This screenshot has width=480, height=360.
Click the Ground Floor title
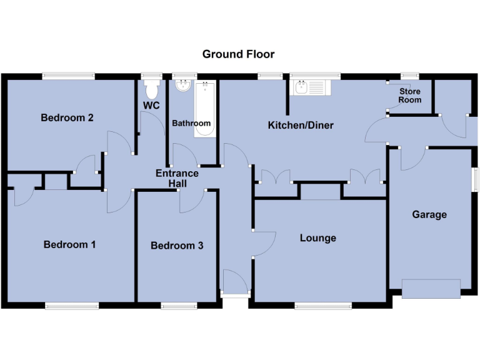coord(238,54)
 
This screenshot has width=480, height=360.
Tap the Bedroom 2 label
coord(67,117)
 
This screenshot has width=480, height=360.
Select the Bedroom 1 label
coord(69,244)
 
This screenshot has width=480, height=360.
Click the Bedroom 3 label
coord(177,246)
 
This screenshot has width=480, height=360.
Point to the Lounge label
coord(317,238)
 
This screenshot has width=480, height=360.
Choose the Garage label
coord(429,214)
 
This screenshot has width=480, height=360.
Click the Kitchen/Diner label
coord(301,126)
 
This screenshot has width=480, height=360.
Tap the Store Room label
coord(410,96)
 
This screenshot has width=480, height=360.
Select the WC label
coord(151,106)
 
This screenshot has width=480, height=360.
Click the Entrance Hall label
coord(177,178)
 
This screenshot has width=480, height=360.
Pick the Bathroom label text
coord(191,123)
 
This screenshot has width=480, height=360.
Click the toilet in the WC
coord(151,86)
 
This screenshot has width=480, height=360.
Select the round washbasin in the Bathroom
coord(183,86)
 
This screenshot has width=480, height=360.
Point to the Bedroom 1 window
coord(71,305)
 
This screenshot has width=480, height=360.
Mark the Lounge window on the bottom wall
coord(323,305)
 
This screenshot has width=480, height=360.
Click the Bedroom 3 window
coord(179,305)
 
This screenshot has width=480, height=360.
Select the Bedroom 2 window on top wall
coord(69,76)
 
